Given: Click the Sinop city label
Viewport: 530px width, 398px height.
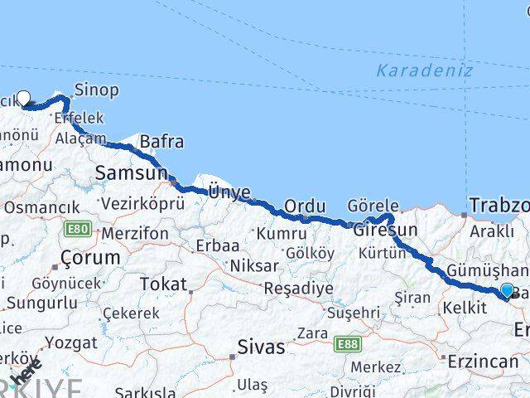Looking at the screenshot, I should coord(97,90).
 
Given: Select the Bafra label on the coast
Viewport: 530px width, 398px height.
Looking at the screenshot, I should coord(161,142).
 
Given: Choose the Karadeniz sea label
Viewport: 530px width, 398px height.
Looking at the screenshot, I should coord(425,70).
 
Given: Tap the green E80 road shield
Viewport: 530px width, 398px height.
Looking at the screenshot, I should coord(79,230).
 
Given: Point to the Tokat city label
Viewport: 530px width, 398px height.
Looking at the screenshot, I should coord(163,284).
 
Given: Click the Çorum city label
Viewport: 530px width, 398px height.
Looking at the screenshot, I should coord(90,258).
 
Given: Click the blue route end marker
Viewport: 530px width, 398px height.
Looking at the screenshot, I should coord(507,290).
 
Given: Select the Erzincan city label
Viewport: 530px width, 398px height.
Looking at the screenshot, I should coord(484,362).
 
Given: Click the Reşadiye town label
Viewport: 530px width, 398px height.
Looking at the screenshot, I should coord(298,289).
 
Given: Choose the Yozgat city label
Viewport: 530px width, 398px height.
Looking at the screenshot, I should coord(71,342).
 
